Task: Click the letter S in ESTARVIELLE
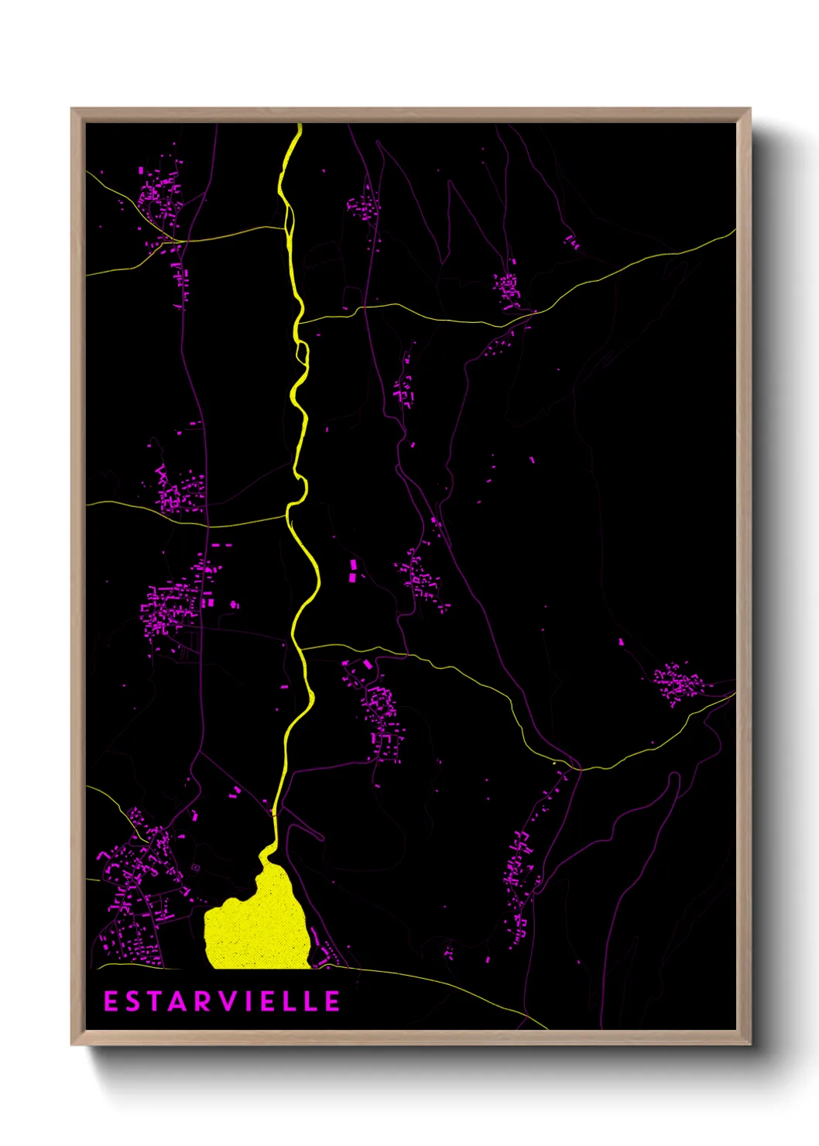(132, 1001)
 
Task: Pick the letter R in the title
(201, 1001)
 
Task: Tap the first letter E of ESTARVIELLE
(111, 1001)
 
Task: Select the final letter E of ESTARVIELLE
(332, 1001)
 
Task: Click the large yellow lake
(259, 925)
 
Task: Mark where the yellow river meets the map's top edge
(299, 125)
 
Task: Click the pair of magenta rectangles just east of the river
(354, 571)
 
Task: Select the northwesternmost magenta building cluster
(159, 194)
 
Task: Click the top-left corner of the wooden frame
(73, 109)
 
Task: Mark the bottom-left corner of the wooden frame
(73, 1044)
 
